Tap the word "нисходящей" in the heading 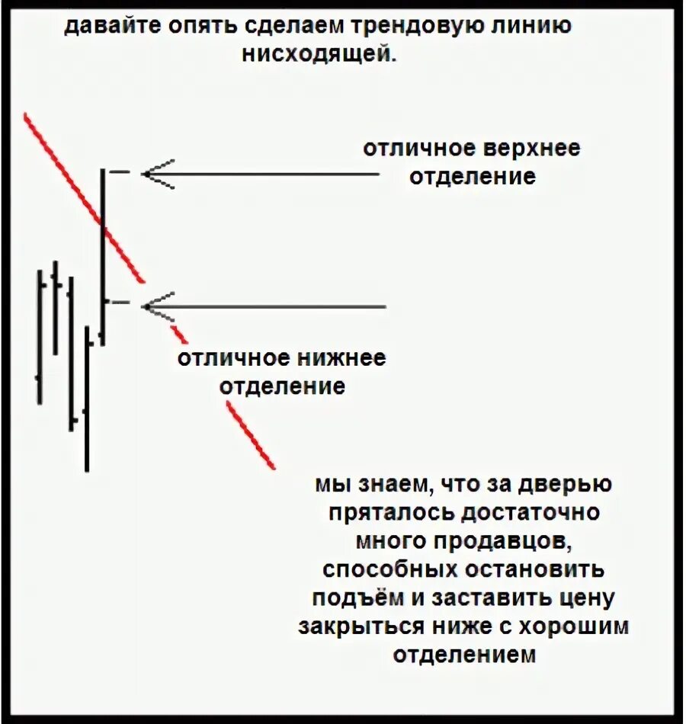click(320, 55)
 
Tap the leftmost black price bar click(40, 335)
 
